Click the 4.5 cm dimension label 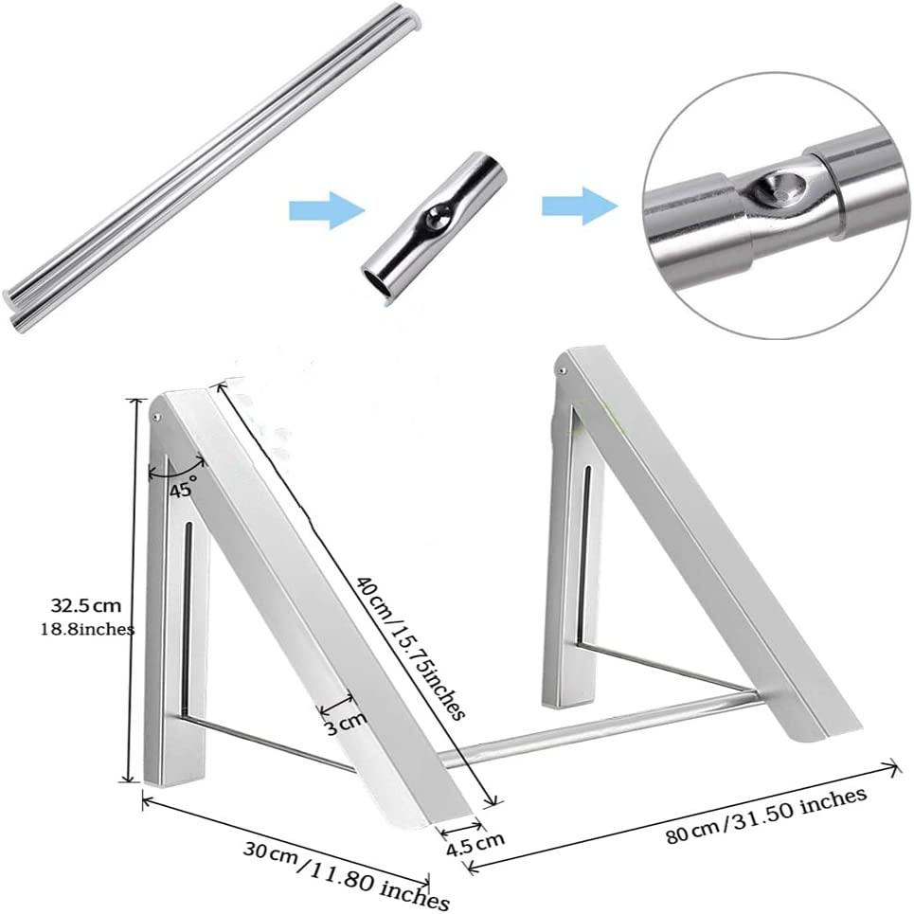point(476,837)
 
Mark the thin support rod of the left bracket point(265,743)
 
